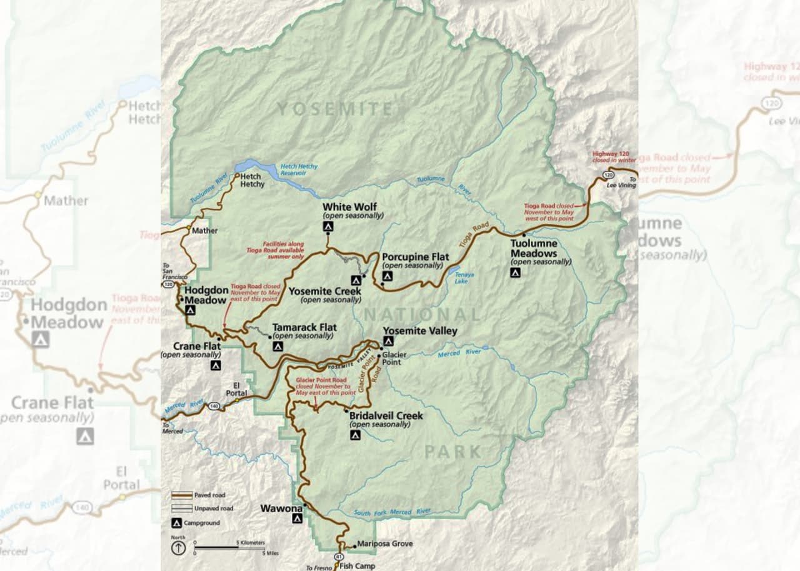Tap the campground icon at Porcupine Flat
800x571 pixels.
coord(387,276)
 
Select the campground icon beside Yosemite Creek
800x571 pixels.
coord(356,279)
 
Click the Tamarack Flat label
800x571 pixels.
coord(304,327)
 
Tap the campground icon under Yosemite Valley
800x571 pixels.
coord(388,341)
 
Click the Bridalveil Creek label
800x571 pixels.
coord(386,415)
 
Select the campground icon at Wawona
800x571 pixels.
coord(297,518)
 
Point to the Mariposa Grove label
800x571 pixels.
coord(384,544)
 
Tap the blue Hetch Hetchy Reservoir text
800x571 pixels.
coord(299,170)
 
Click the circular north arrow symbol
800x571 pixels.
coord(178,548)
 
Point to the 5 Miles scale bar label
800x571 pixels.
coord(269,553)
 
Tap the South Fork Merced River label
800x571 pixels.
coord(392,513)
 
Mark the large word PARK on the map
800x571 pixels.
coord(453,452)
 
